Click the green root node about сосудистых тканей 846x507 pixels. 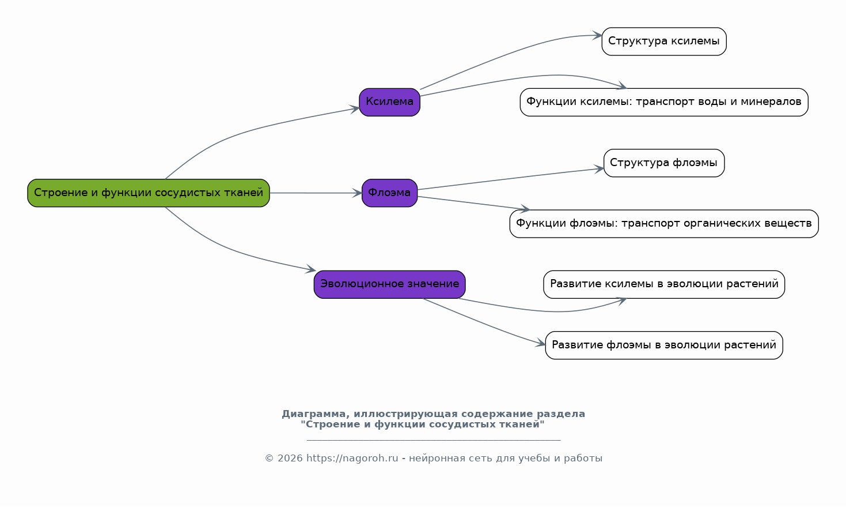pos(149,193)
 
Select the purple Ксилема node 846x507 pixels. pos(389,102)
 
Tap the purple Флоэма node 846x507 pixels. pos(389,193)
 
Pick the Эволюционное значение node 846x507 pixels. pos(389,284)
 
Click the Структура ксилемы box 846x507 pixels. pos(664,42)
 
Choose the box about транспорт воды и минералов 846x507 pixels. pos(664,102)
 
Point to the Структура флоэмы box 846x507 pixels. pos(664,163)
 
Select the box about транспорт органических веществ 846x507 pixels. pos(664,224)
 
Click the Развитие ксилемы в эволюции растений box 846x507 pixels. pos(664,284)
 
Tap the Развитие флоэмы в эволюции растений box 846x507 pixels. pos(664,345)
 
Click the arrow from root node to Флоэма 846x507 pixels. pos(316,193)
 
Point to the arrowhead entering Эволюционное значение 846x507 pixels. pos(311,269)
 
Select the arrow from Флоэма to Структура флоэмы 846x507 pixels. pos(511,179)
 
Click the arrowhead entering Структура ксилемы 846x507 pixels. pos(597,36)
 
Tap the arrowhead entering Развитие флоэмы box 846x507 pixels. pos(540,343)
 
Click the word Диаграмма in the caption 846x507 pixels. pos(313,414)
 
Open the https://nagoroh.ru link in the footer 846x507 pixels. pos(352,458)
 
